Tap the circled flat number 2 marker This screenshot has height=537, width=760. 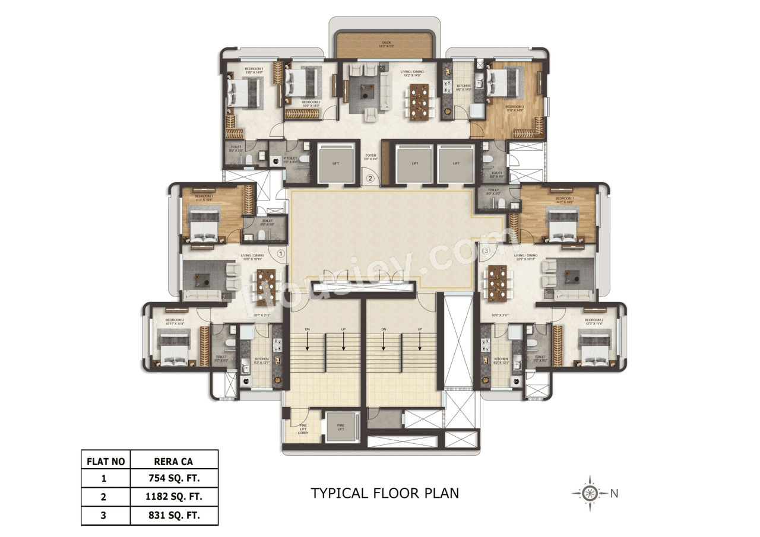click(370, 178)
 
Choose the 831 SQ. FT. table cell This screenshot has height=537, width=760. click(174, 516)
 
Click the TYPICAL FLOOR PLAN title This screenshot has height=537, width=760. click(385, 493)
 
